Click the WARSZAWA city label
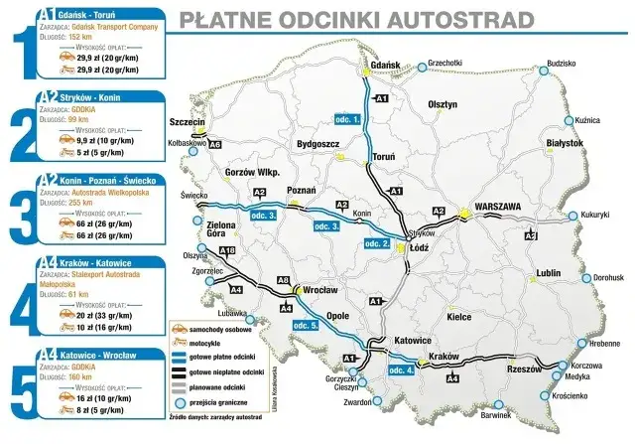tap(506, 207)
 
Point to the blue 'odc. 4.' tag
tap(394, 370)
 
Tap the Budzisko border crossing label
tap(561, 63)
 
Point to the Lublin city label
tap(549, 272)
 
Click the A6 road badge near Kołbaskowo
tap(213, 144)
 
